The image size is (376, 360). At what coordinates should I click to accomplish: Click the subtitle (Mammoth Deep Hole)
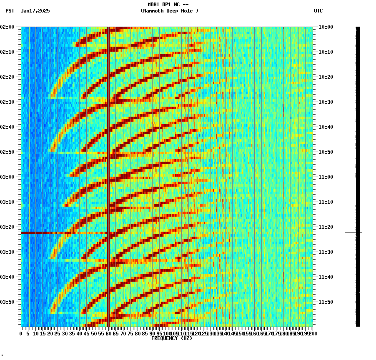pos(169,11)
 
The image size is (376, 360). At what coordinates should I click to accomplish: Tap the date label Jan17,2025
pos(35,11)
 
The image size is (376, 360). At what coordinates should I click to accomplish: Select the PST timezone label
pos(10,11)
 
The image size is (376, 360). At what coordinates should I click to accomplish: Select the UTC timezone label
pos(318,11)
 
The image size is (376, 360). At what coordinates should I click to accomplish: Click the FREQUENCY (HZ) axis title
pos(171,338)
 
